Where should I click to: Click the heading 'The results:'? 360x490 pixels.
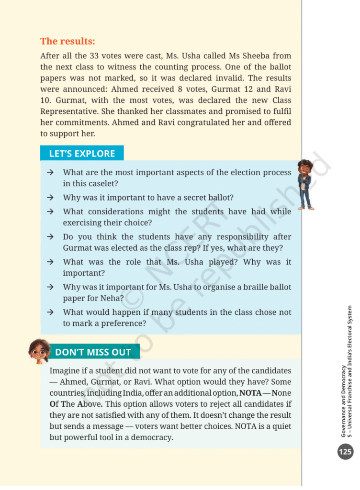pos(68,41)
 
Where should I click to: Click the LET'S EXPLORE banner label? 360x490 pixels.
pos(82,154)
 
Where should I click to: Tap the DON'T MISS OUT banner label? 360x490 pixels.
pos(93,352)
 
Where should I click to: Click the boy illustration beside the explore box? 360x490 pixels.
pos(305,184)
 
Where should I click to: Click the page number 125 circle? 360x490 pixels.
pos(345,451)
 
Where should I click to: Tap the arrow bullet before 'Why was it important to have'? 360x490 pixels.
pos(50,197)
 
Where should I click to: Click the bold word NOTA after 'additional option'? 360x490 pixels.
pos(250,393)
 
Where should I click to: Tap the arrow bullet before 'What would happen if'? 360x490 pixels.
pos(50,312)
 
